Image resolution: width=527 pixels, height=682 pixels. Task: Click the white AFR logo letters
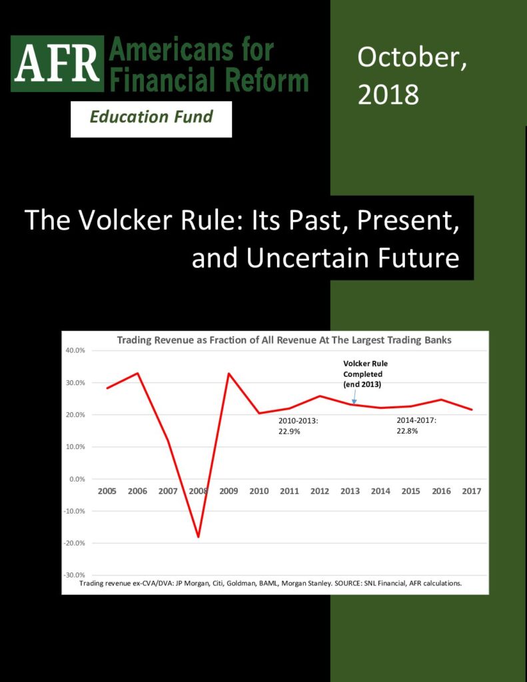coord(57,63)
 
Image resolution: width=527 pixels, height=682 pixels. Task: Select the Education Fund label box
coord(151,119)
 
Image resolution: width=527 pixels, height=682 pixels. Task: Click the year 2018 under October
coord(388,95)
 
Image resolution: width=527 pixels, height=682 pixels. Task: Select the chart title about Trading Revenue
coord(284,340)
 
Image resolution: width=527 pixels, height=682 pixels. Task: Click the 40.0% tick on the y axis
coord(76,350)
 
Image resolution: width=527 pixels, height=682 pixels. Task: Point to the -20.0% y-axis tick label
coord(75,543)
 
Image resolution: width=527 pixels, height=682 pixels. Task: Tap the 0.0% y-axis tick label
coord(77,479)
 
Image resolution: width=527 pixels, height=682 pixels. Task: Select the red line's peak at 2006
coord(137,373)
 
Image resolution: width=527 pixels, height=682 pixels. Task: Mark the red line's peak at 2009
coord(229,373)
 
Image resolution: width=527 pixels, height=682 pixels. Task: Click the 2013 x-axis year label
coord(350,491)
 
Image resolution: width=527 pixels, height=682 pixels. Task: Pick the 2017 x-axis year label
coord(472,491)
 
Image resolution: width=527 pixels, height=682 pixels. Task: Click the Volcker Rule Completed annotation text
coord(365,374)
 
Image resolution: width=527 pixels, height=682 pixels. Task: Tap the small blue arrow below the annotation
coord(354,396)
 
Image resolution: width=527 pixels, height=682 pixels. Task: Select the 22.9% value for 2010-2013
coord(289,432)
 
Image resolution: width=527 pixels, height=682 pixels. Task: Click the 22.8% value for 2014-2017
coord(407,431)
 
